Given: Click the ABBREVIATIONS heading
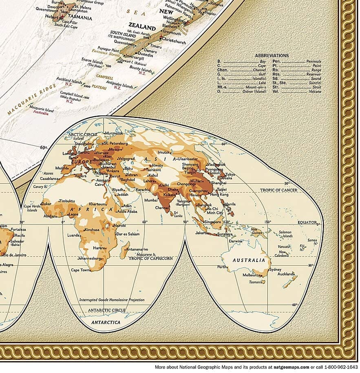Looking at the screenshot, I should pyautogui.click(x=272, y=56).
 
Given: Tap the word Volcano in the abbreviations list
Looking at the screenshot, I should pyautogui.click(x=314, y=91).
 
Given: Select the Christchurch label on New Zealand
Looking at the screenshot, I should pyautogui.click(x=174, y=42).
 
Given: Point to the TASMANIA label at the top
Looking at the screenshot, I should pyautogui.click(x=80, y=18).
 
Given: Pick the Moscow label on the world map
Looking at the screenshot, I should pyautogui.click(x=110, y=149).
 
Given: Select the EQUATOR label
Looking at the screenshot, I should pyautogui.click(x=307, y=222).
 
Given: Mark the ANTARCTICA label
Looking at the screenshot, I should pyautogui.click(x=106, y=322).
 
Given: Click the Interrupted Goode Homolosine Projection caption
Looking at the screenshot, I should pyautogui.click(x=112, y=300).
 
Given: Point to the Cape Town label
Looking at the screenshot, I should pyautogui.click(x=80, y=270).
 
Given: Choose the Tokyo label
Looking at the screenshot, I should pyautogui.click(x=230, y=175).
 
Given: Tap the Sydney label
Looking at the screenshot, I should pyautogui.click(x=275, y=269).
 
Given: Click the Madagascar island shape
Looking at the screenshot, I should pyautogui.click(x=124, y=250).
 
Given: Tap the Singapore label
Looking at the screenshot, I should pyautogui.click(x=213, y=222).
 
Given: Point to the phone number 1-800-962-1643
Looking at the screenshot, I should pyautogui.click(x=338, y=367).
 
